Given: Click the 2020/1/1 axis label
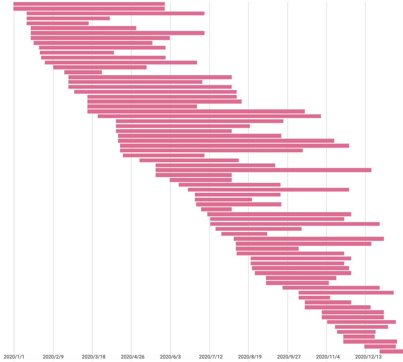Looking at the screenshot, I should tap(14, 357).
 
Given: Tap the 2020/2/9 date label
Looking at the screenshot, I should tap(53, 357).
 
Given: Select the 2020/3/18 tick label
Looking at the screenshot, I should tap(92, 357).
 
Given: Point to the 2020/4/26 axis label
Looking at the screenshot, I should tap(131, 357).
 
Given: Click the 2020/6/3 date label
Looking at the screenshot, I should tap(170, 357).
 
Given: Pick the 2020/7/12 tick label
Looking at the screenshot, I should tap(209, 357).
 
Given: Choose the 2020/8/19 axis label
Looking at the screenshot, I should tap(249, 357).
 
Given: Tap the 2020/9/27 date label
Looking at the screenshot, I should tap(287, 357).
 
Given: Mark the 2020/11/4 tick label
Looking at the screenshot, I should tap(326, 357).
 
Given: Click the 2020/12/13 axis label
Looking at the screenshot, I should tap(365, 357).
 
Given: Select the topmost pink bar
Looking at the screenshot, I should tap(89, 4).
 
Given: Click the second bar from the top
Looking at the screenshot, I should tap(89, 9).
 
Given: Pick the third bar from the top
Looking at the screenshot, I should tap(115, 13).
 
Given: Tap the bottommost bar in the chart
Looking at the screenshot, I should tap(391, 352).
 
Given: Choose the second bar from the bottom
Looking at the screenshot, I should tap(380, 347).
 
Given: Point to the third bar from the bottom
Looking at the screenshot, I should tap(370, 342).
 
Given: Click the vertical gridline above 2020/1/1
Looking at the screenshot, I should tap(14, 168).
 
